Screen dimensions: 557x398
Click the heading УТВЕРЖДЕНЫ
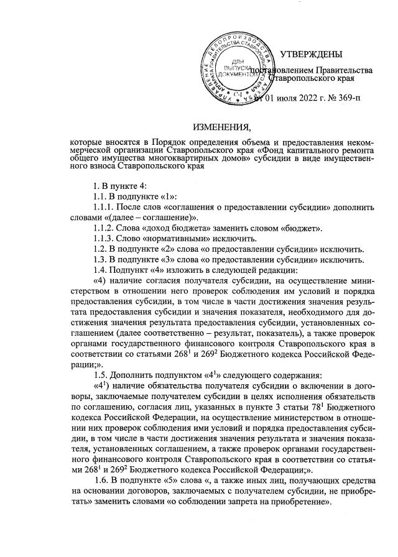click(x=311, y=55)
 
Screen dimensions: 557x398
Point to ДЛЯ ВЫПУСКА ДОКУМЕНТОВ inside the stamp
click(x=239, y=67)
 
